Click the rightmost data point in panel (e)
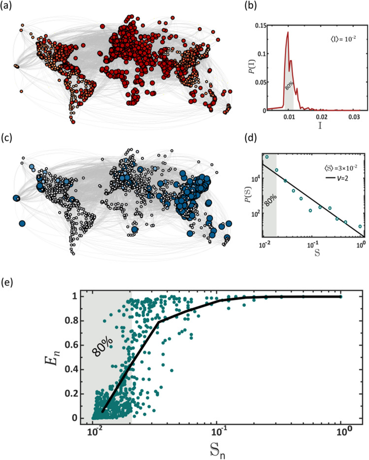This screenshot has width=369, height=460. click(x=340, y=297)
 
